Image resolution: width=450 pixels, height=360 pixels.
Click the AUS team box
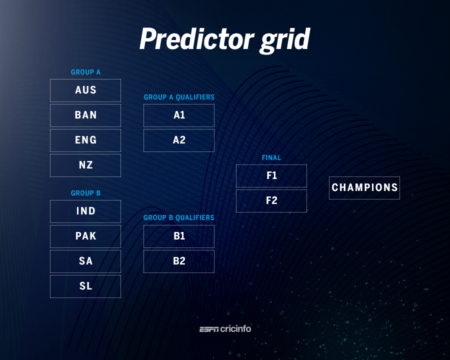[x=85, y=90]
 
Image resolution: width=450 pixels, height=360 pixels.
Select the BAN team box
[x=85, y=115]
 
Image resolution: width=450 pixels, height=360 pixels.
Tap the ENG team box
[x=85, y=140]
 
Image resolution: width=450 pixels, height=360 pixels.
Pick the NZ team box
[x=85, y=165]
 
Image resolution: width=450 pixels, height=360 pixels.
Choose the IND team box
[x=85, y=211]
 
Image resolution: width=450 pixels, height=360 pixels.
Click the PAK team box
[x=85, y=236]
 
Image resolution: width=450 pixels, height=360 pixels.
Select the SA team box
[x=85, y=261]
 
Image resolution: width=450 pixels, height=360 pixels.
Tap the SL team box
[x=85, y=286]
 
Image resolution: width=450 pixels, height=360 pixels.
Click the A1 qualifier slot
[x=179, y=115]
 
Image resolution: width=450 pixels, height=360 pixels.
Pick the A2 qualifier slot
[x=179, y=140]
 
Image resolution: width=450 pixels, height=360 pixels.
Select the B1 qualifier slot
[x=179, y=236]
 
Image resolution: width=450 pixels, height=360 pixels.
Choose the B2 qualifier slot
[x=179, y=261]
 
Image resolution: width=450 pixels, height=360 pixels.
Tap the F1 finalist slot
[x=271, y=176]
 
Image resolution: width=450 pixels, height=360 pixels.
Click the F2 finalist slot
[x=271, y=201]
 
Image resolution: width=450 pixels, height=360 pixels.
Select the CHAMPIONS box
[x=364, y=188]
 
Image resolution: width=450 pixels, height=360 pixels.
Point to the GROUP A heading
[x=85, y=72]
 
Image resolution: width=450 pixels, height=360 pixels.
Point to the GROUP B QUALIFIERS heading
[x=179, y=217]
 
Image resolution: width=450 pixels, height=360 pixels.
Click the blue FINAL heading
[x=271, y=157]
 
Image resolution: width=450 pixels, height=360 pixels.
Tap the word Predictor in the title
[x=197, y=39]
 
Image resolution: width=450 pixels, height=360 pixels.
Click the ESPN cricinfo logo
[x=225, y=329]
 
